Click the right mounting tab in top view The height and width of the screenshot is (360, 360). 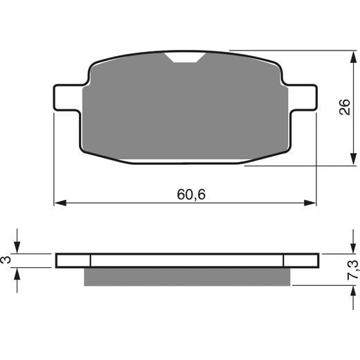coord(303,96)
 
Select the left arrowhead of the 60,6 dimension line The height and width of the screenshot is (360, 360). coord(59,203)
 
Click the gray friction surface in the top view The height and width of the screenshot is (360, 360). coord(185,111)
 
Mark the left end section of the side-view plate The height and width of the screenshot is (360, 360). coord(73,260)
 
